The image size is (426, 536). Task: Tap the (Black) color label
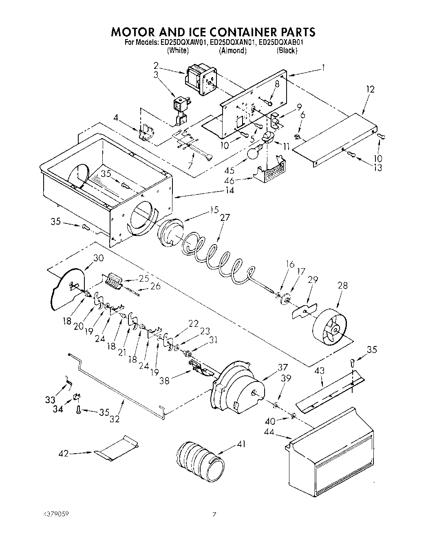287,51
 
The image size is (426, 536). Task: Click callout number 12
370,89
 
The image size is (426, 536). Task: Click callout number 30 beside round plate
99,258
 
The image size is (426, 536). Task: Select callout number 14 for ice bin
230,190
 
